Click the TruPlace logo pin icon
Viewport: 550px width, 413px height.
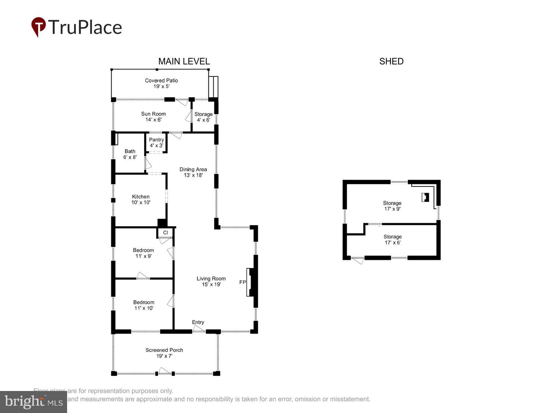click(x=38, y=26)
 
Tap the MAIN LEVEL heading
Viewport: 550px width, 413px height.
click(x=184, y=61)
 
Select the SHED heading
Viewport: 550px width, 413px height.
click(x=391, y=61)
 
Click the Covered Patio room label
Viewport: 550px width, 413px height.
click(x=161, y=80)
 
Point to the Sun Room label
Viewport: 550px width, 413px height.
click(x=153, y=114)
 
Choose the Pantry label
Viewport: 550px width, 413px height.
click(x=156, y=140)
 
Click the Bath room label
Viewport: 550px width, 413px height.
click(x=130, y=151)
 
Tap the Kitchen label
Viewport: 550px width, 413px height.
click(x=141, y=197)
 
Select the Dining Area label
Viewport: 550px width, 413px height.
click(x=193, y=169)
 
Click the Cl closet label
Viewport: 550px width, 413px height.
click(x=165, y=232)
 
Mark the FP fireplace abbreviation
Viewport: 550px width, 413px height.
click(x=242, y=282)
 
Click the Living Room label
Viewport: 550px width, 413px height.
click(x=211, y=279)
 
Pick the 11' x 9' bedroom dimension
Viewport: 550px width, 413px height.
click(x=143, y=256)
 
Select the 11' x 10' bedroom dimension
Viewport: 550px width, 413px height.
click(x=144, y=308)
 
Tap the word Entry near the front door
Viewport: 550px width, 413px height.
click(x=198, y=322)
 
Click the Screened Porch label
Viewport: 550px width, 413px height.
click(x=164, y=350)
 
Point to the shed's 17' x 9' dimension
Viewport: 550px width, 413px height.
click(x=392, y=209)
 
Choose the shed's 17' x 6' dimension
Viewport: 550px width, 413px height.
click(x=392, y=243)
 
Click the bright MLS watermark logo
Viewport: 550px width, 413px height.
click(x=33, y=402)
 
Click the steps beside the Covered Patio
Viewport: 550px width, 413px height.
click(x=213, y=87)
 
